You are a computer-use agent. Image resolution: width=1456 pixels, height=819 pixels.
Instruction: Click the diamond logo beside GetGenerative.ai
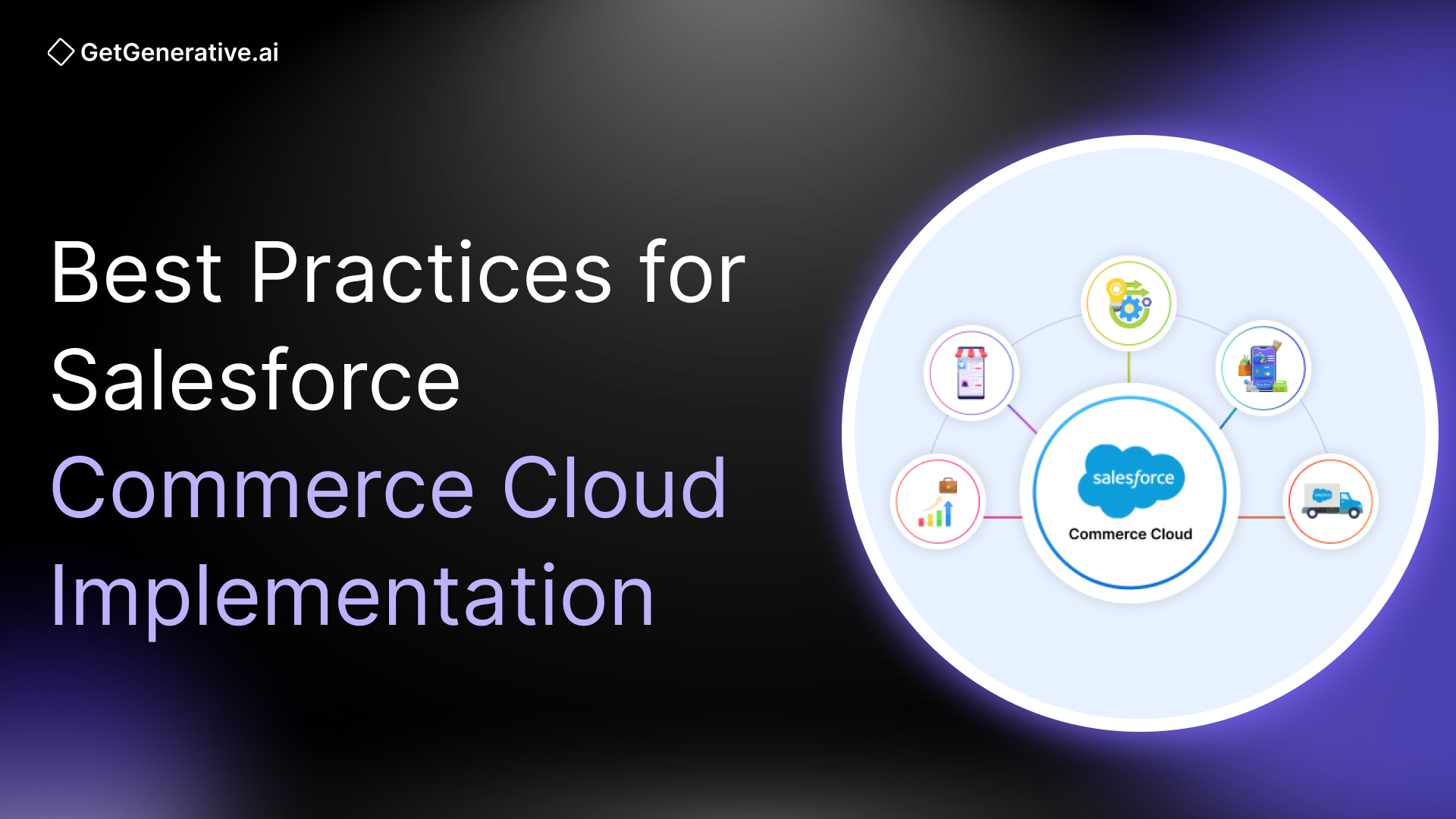tap(61, 52)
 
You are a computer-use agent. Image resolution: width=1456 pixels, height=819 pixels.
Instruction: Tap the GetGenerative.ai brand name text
tap(180, 52)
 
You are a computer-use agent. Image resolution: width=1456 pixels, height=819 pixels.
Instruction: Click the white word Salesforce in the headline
tap(256, 381)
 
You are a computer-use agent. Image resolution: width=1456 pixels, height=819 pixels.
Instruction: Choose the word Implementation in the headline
tap(352, 598)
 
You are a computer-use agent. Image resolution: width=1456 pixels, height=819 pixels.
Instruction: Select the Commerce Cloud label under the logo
tap(1130, 534)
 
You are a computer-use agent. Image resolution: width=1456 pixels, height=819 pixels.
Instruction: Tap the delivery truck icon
tap(1331, 501)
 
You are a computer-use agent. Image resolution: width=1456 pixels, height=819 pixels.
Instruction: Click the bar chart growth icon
tap(938, 502)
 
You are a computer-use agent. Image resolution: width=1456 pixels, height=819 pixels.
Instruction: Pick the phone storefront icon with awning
tap(971, 372)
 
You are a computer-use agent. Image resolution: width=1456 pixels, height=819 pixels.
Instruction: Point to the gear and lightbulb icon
tap(1128, 303)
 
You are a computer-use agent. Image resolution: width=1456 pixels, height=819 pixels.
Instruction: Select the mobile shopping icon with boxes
tap(1263, 368)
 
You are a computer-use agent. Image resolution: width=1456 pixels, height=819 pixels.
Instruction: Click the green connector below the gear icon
tap(1128, 367)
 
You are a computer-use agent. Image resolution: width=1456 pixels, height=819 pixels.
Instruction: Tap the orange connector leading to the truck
tap(1261, 517)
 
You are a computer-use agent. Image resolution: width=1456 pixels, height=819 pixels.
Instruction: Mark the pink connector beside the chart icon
tap(1003, 517)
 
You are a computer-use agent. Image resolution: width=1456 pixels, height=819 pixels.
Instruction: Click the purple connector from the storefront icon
tap(1022, 419)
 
